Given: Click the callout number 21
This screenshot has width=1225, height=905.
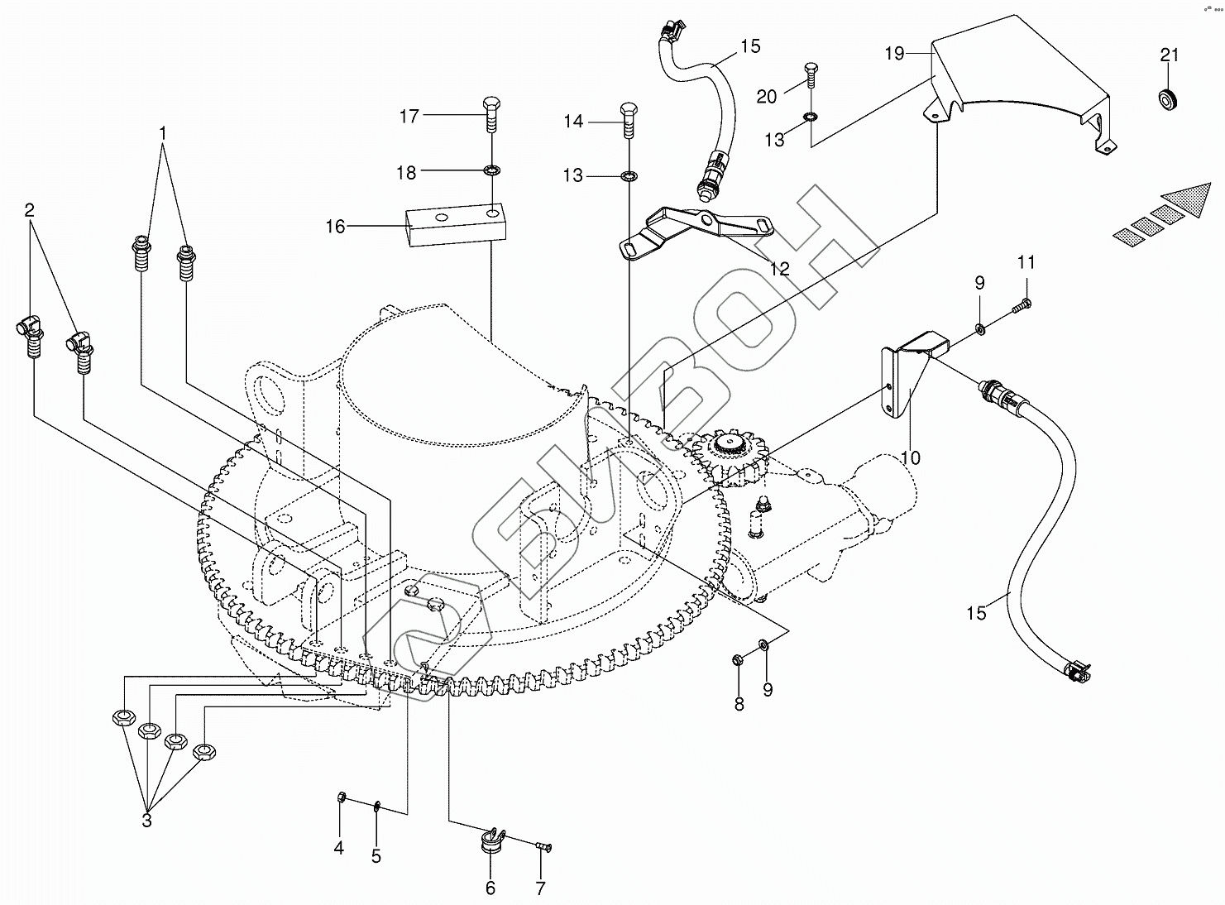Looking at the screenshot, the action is tap(1170, 55).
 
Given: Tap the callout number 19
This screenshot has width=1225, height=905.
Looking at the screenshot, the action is tap(895, 54).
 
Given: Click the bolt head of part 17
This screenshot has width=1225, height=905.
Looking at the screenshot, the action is tap(491, 104).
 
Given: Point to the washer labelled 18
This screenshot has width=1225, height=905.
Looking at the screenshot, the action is tap(491, 170).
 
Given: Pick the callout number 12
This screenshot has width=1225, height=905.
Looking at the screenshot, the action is tap(780, 269).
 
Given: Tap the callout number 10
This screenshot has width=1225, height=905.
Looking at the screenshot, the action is tap(911, 457).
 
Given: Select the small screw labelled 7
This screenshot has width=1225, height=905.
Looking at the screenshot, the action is tap(543, 846).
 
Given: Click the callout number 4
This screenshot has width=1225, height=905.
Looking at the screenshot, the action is tap(339, 847).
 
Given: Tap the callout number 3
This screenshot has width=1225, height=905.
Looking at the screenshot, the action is tap(146, 821).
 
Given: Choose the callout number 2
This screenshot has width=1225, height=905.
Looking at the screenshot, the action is tap(29, 210).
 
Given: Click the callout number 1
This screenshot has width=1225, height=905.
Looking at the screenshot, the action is tap(162, 133).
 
